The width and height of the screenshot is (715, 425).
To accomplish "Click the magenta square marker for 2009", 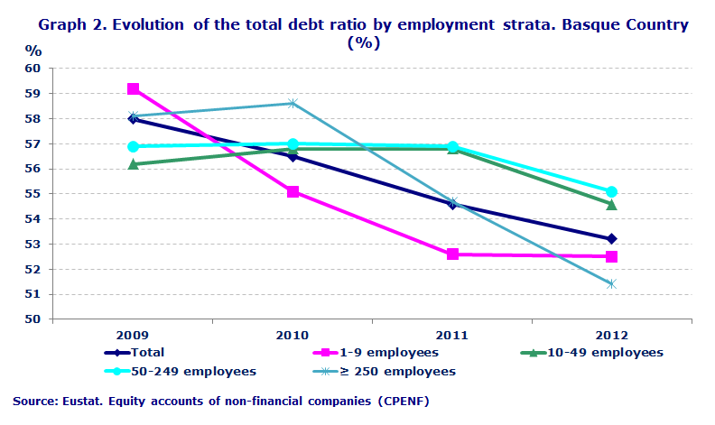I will pyautogui.click(x=134, y=88).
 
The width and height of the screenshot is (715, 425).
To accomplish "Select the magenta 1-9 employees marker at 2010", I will pyautogui.click(x=292, y=191).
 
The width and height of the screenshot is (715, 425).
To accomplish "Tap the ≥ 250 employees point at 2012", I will pyautogui.click(x=611, y=283).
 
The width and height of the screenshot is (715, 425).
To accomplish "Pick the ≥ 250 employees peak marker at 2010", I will pyautogui.click(x=292, y=103).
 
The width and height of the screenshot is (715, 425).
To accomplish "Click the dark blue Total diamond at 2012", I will pyautogui.click(x=611, y=238).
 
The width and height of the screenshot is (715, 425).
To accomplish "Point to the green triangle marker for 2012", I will pyautogui.click(x=611, y=204).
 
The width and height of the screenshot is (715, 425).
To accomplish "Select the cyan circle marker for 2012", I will pyautogui.click(x=611, y=191).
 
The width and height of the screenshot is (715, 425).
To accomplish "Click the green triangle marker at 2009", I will pyautogui.click(x=134, y=163).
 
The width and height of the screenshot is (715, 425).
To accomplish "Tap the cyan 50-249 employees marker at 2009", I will pyautogui.click(x=134, y=146).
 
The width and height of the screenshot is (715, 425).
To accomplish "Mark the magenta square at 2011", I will pyautogui.click(x=452, y=254).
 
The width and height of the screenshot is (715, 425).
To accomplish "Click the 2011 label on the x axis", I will pyautogui.click(x=452, y=334).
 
